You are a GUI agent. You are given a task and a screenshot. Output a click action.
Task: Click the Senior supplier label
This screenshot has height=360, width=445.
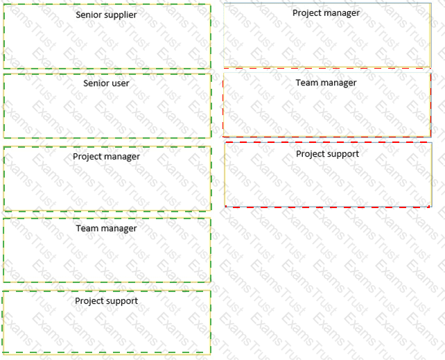[106, 15]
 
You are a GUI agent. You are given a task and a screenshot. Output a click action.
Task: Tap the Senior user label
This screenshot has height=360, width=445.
[106, 83]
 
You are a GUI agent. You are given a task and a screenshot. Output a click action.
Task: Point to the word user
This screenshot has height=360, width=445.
[120, 83]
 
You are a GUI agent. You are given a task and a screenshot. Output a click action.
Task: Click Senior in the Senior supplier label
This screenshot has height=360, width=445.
[89, 15]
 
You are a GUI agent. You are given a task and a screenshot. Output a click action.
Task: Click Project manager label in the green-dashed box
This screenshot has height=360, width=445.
[106, 157]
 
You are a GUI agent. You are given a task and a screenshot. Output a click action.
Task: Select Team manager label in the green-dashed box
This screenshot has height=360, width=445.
[106, 228]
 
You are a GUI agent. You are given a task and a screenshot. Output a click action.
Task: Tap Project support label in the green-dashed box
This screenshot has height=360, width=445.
[106, 301]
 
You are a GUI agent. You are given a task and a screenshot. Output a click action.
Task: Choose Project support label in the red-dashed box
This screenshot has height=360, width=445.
[327, 154]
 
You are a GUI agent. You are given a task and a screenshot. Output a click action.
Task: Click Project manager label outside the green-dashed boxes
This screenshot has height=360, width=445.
[326, 13]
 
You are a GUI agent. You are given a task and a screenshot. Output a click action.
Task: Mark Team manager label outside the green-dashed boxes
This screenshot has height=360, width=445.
[326, 83]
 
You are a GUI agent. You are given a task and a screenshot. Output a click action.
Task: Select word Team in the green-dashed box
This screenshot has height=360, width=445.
[87, 228]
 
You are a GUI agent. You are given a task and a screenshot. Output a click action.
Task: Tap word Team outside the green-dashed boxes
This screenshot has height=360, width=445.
[306, 83]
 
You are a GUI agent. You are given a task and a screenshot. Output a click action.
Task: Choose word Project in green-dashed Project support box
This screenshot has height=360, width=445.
[89, 301]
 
